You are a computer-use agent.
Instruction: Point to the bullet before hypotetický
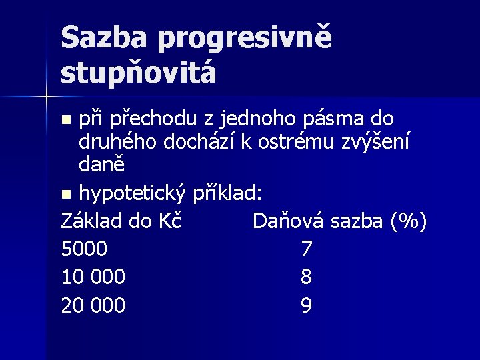coord(65,195)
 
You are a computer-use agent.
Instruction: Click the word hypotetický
coord(133,195)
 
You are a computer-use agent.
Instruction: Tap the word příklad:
coord(227,195)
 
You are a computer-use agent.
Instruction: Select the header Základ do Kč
coord(121,219)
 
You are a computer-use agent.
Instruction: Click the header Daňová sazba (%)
coord(339,219)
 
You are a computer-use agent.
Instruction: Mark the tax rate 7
coord(306,249)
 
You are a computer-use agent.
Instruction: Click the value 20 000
coord(93,305)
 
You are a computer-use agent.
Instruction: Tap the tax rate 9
coord(306,305)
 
